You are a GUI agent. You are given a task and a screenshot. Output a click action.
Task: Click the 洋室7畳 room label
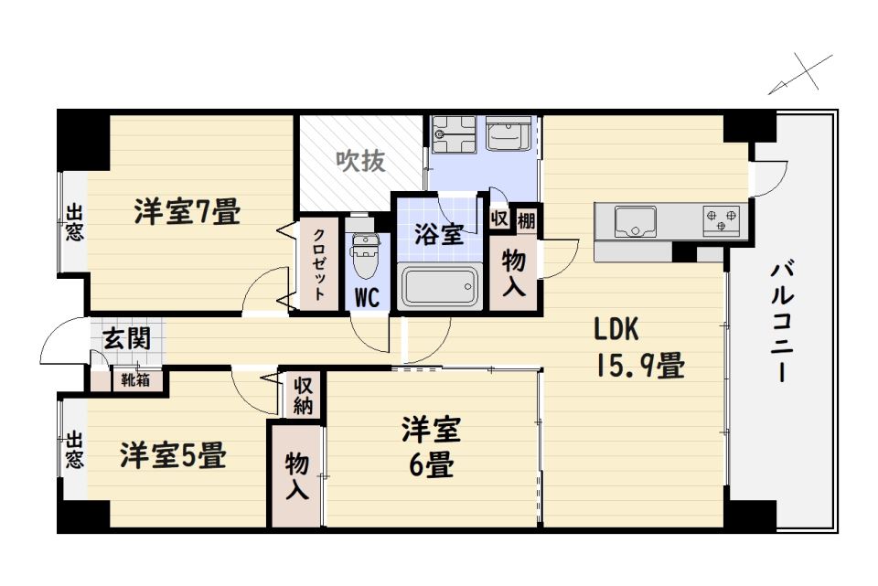(187, 212)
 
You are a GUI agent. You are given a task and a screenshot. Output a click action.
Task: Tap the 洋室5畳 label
(173, 455)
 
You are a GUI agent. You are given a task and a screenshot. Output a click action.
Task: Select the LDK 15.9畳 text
(639, 347)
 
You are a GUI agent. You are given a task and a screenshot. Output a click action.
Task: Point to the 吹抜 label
(360, 161)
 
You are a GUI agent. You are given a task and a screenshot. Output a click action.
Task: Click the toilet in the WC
(364, 256)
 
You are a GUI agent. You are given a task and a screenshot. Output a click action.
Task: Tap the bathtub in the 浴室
(440, 286)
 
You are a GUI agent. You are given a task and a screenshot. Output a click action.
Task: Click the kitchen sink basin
(635, 221)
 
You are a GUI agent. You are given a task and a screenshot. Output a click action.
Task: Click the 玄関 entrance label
(127, 338)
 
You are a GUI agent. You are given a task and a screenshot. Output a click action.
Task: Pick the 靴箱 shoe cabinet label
(135, 380)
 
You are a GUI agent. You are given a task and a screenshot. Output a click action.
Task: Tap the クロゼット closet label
(318, 265)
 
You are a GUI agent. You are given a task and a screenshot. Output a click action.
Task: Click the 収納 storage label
(303, 396)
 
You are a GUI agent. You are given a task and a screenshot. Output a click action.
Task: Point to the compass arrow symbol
(800, 74)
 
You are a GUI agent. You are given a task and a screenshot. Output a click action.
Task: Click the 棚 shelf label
(526, 220)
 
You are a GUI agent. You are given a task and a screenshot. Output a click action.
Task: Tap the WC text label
(367, 297)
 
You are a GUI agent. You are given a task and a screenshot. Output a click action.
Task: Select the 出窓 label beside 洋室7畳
(74, 222)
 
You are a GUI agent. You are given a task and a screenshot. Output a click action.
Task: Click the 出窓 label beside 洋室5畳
(74, 449)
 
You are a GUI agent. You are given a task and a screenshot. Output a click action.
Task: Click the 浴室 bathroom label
(439, 234)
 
